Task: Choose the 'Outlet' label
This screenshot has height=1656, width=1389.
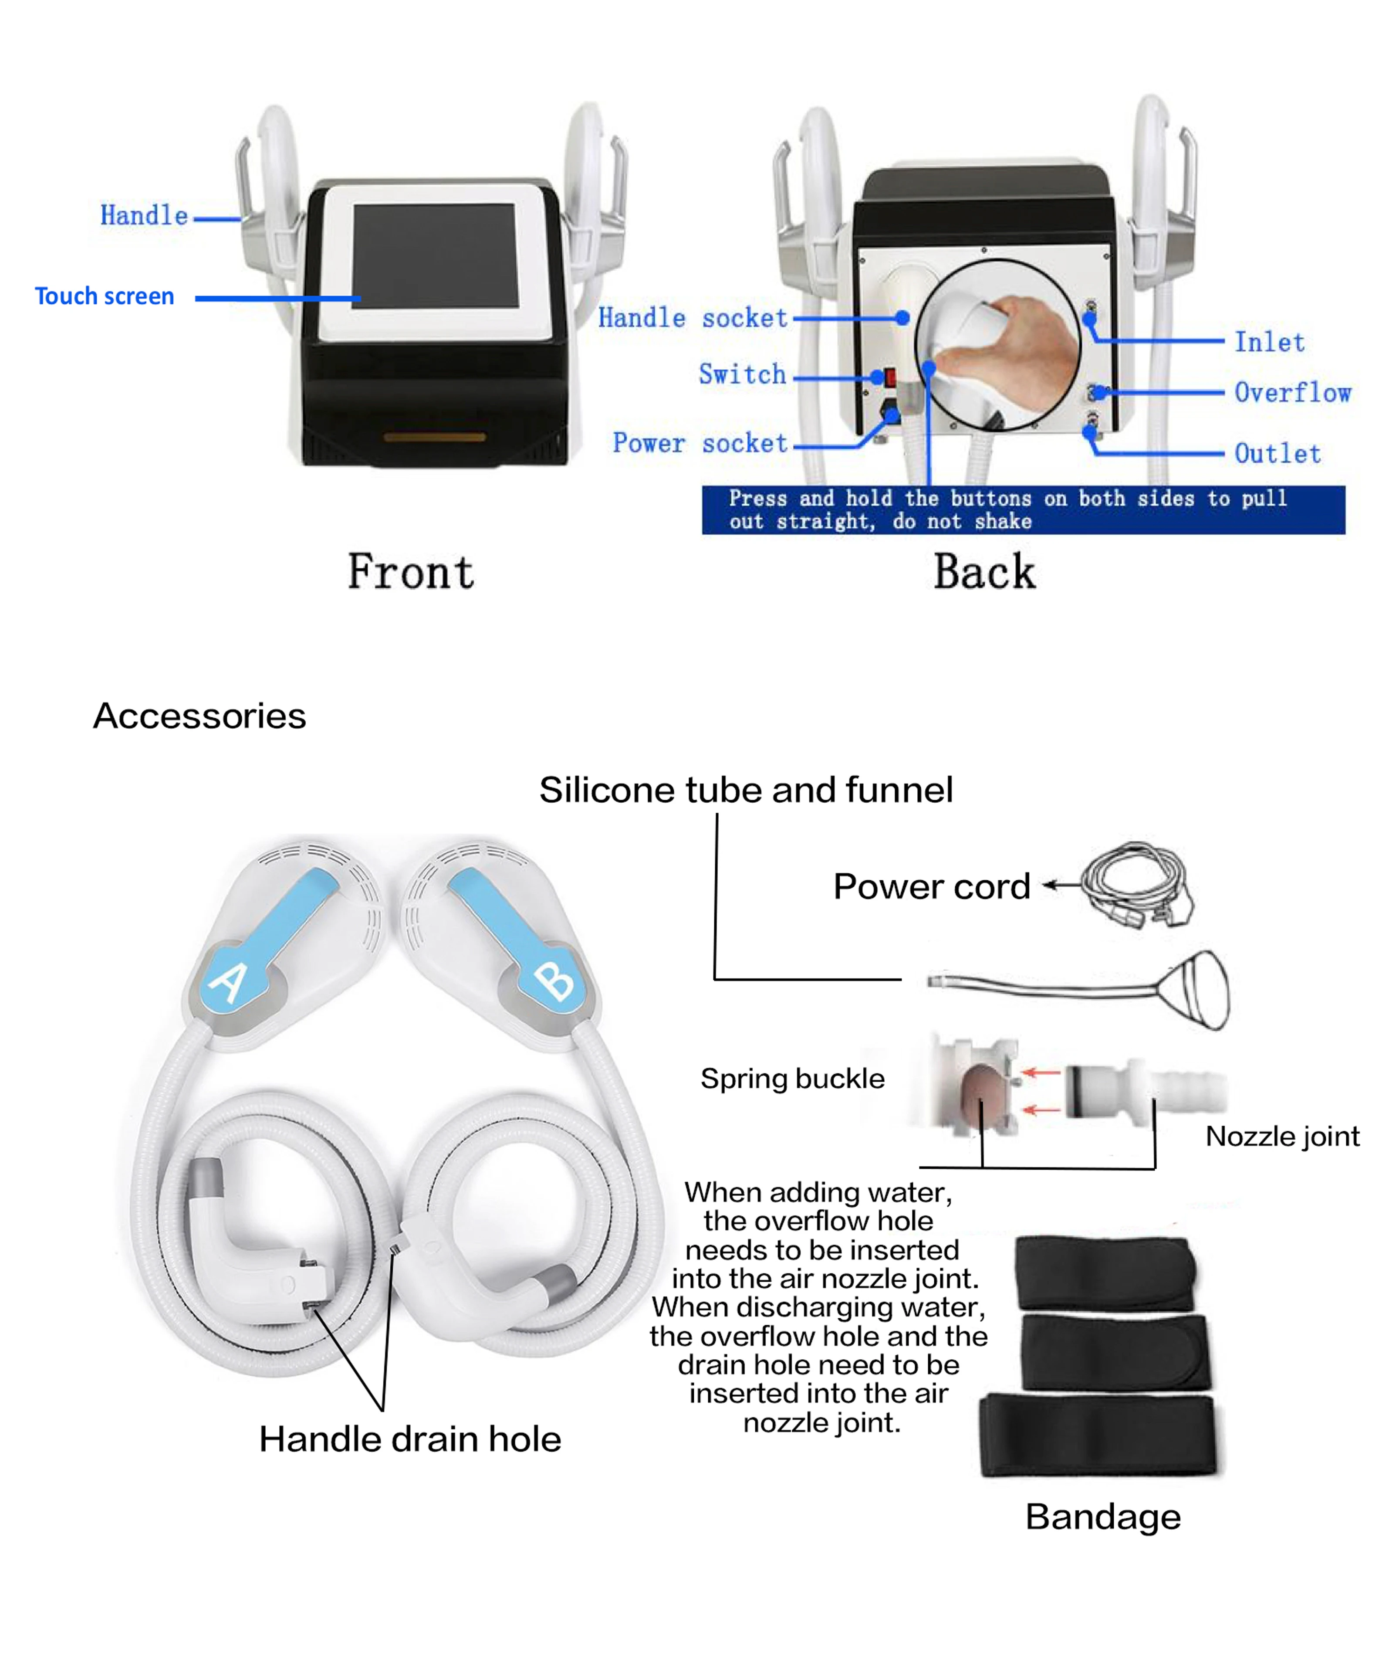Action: [1277, 453]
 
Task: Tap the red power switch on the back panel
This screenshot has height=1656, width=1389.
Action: [890, 377]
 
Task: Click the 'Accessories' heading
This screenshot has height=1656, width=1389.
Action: [199, 716]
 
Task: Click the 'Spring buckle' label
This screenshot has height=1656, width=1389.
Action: [792, 1079]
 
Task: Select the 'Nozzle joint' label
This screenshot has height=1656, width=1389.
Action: [1282, 1137]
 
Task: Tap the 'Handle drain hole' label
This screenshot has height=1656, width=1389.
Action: [410, 1439]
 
